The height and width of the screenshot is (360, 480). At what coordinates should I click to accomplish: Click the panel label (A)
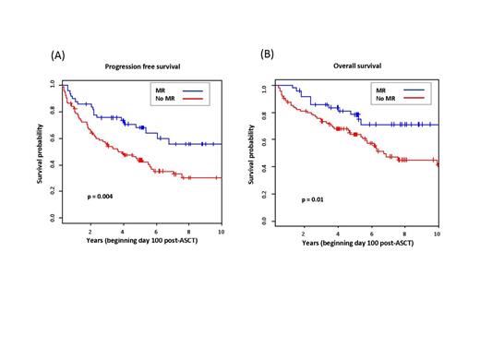click(57, 54)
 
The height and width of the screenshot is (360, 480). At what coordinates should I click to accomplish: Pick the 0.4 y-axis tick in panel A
click(53, 164)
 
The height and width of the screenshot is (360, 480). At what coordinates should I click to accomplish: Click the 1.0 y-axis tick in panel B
click(263, 88)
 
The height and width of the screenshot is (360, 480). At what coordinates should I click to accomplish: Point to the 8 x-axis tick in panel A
click(188, 231)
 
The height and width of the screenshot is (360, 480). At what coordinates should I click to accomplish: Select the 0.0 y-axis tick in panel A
click(53, 217)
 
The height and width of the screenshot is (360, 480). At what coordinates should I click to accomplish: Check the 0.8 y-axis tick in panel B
click(263, 114)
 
